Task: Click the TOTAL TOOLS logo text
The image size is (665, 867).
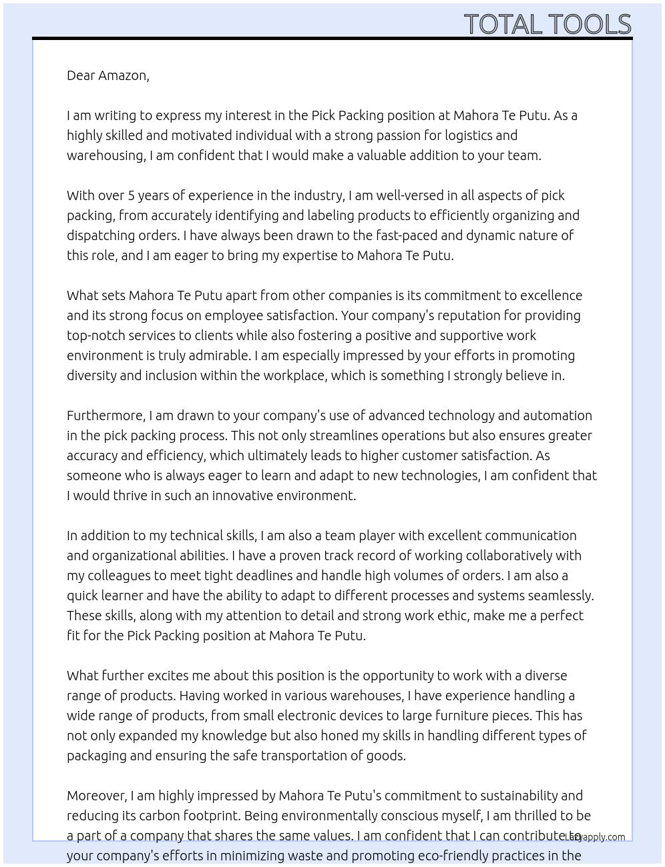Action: click(547, 24)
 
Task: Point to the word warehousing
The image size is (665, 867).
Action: click(105, 155)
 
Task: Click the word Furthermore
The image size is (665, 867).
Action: click(105, 415)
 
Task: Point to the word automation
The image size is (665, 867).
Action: click(558, 415)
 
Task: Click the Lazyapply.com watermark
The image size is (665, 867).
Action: click(595, 837)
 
